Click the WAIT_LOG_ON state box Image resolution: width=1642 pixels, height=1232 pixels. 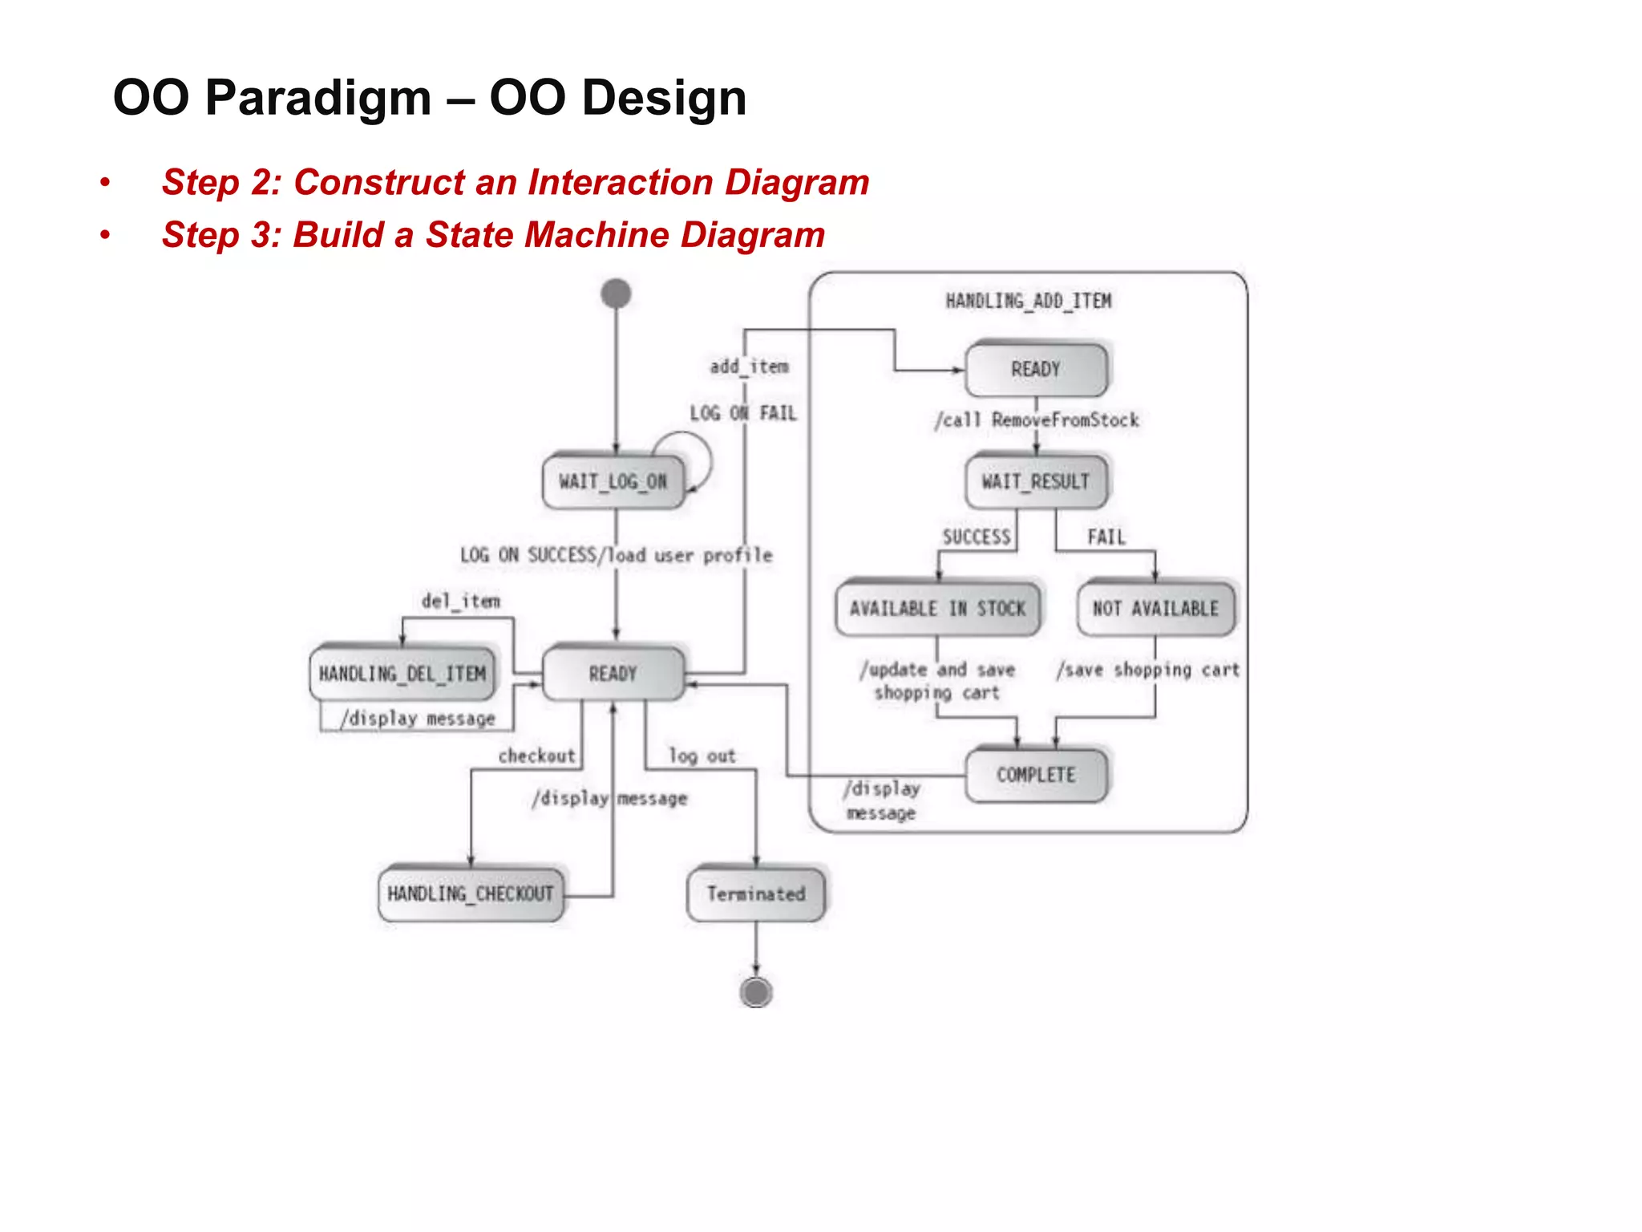613,481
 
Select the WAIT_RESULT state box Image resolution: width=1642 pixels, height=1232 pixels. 1036,481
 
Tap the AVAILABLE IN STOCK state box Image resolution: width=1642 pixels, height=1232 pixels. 937,609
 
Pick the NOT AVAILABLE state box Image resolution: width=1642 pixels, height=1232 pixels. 1155,609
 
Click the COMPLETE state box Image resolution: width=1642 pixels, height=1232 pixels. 1036,775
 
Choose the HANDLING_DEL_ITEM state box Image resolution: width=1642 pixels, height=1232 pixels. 402,674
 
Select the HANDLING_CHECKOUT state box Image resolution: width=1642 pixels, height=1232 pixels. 471,894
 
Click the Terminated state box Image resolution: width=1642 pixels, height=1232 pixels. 756,894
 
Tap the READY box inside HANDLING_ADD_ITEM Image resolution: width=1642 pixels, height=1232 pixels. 1036,370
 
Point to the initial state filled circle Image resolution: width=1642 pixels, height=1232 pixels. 616,294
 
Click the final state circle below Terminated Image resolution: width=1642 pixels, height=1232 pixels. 756,992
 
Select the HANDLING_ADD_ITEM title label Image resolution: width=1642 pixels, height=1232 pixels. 1029,301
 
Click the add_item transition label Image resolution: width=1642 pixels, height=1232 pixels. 749,367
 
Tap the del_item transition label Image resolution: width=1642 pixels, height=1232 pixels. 461,601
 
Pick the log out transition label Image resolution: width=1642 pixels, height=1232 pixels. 702,756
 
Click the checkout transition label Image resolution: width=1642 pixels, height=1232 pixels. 536,756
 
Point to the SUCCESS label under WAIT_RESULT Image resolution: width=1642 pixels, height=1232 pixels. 977,537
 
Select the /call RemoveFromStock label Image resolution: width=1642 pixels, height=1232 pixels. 1037,419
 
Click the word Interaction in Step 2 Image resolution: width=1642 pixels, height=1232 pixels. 621,182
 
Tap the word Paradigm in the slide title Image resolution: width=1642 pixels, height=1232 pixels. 318,98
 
